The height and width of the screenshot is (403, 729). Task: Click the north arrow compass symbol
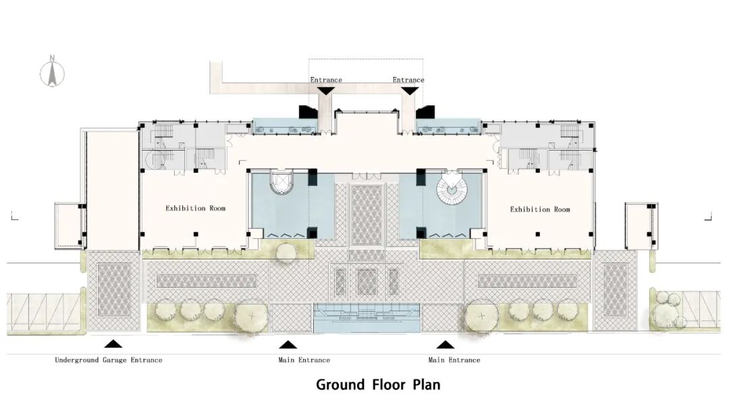(x=52, y=74)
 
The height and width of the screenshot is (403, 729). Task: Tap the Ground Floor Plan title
(x=378, y=385)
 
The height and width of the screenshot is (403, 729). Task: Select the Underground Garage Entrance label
(x=109, y=360)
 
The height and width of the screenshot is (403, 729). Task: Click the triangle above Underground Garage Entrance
(x=113, y=344)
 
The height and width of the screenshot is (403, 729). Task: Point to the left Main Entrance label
(x=304, y=360)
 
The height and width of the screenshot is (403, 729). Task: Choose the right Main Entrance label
(x=454, y=360)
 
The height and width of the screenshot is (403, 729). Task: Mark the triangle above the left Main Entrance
(x=288, y=344)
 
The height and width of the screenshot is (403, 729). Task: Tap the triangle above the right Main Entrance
(x=446, y=344)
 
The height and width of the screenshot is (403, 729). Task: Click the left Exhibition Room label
(x=195, y=208)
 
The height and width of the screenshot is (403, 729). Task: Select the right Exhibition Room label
(x=540, y=210)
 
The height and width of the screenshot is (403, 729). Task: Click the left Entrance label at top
(x=326, y=80)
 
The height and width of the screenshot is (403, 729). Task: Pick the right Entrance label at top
(x=408, y=80)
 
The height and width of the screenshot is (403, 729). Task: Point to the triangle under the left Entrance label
(x=325, y=90)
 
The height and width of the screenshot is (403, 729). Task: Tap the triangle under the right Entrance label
(x=409, y=90)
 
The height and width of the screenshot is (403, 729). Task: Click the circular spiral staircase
(x=452, y=189)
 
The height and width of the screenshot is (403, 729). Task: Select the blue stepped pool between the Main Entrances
(x=367, y=318)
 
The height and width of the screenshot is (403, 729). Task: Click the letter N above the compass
(x=53, y=57)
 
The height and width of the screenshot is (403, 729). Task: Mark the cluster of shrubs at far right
(x=668, y=308)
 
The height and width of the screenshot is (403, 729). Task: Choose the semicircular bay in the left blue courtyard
(x=281, y=184)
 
